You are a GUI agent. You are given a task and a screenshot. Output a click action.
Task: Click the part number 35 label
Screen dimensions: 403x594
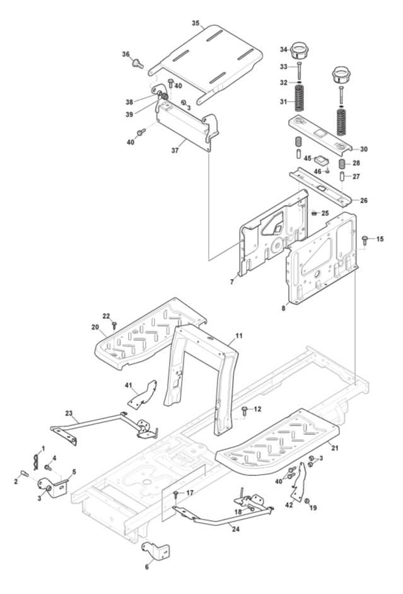click(196, 23)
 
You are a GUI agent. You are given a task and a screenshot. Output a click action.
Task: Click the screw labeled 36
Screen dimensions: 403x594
click(137, 63)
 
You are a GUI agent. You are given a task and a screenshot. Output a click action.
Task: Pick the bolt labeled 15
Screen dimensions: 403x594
click(365, 239)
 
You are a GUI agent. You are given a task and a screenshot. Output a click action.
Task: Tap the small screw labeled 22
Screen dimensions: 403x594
click(114, 325)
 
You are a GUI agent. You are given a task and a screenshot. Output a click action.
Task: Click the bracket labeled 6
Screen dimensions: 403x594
click(155, 551)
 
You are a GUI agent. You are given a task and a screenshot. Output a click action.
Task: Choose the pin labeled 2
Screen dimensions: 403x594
click(25, 474)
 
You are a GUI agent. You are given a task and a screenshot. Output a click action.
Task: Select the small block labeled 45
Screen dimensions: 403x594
click(321, 159)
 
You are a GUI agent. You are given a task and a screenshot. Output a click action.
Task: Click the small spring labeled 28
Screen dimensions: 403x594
click(342, 164)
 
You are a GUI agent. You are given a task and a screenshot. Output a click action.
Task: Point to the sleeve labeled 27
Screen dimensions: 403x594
click(342, 177)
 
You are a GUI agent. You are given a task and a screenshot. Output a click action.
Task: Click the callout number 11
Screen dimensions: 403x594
click(239, 336)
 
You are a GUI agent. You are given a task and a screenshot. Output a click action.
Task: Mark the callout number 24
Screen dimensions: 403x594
click(236, 529)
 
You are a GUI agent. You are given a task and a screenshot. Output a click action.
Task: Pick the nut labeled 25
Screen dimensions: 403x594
click(313, 213)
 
